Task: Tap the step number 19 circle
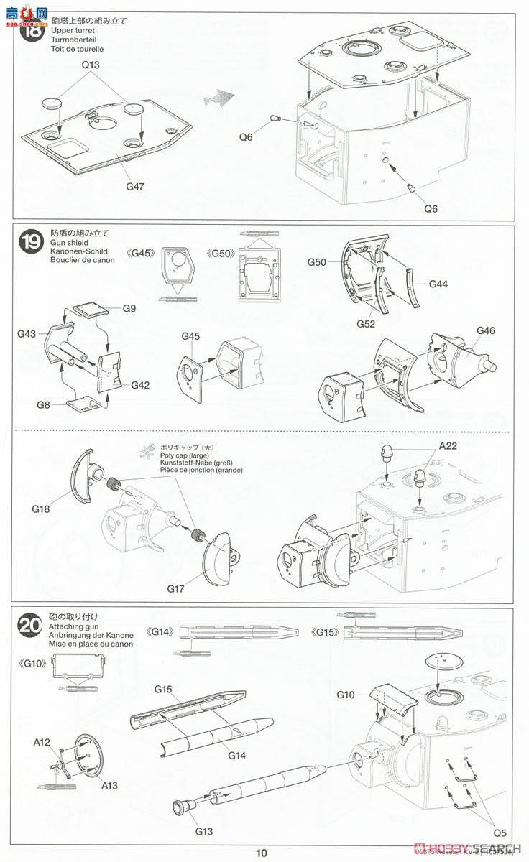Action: [x=33, y=244]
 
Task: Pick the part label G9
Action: [x=129, y=308]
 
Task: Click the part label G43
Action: [x=27, y=334]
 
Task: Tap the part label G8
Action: [x=44, y=405]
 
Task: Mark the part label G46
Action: [x=486, y=330]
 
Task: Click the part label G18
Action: [x=42, y=509]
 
